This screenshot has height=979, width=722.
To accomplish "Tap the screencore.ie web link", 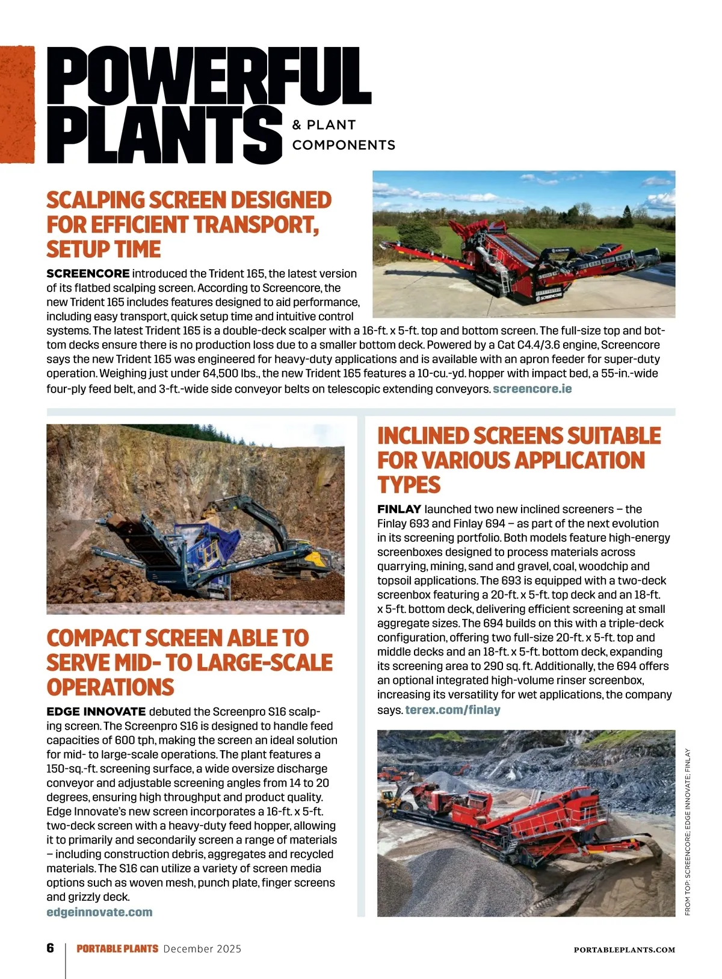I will (532, 389).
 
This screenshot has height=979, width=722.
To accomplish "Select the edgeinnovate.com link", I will (99, 912).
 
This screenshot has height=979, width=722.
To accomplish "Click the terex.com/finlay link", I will (452, 710).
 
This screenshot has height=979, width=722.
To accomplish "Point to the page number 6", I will (51, 948).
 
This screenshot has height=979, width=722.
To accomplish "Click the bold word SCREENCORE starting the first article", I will (88, 274).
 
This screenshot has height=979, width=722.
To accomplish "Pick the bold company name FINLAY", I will (399, 509).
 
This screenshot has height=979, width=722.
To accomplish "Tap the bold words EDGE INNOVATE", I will (96, 712).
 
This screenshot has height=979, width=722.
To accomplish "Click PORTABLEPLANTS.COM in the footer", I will (625, 950).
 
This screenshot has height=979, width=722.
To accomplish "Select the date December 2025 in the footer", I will (202, 949).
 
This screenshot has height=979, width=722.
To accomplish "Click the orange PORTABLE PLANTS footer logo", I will (117, 949).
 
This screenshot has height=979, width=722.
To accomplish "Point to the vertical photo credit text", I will (688, 831).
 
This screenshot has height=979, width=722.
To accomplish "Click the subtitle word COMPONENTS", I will (344, 145).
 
